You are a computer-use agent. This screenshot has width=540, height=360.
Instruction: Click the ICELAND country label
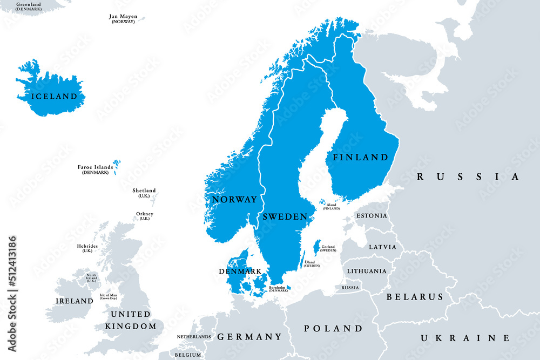(x=55, y=97)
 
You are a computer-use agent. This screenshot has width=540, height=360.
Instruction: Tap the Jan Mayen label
(x=123, y=17)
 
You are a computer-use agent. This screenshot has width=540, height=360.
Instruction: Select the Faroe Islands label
(x=96, y=168)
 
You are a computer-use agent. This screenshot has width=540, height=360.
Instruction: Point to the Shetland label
(x=144, y=191)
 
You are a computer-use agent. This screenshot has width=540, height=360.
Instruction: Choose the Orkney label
(x=144, y=214)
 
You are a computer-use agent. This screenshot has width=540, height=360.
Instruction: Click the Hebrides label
(x=87, y=247)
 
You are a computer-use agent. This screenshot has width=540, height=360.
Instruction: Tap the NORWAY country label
(x=234, y=200)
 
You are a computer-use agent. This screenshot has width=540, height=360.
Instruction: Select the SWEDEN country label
(x=285, y=216)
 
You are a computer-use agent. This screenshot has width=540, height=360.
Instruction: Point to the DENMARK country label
(x=240, y=271)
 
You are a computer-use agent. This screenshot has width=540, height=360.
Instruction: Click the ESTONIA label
(x=372, y=216)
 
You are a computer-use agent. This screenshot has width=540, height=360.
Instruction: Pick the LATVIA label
(x=382, y=247)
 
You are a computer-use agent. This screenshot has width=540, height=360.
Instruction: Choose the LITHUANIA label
(x=367, y=271)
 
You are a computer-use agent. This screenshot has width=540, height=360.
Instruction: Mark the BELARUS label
(x=415, y=297)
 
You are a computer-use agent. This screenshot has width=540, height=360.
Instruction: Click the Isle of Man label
(x=109, y=296)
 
